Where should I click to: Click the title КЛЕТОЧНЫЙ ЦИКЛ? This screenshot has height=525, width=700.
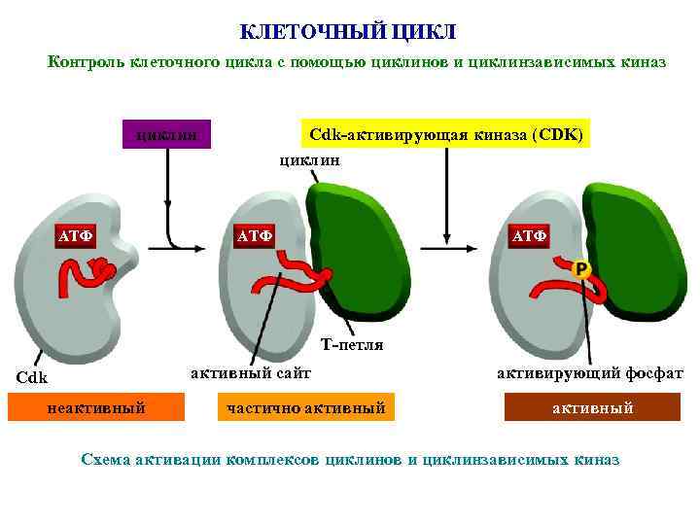click(x=348, y=33)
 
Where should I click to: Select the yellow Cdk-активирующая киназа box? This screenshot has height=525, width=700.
click(x=445, y=134)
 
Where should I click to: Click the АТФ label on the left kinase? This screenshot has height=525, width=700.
click(x=75, y=235)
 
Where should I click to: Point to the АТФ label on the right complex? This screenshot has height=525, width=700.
click(x=530, y=235)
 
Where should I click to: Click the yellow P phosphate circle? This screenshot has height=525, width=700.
click(x=581, y=269)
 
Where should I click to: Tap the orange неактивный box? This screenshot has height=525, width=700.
click(x=95, y=407)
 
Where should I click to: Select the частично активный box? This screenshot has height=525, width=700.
click(x=306, y=407)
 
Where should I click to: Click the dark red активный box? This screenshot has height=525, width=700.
click(x=592, y=407)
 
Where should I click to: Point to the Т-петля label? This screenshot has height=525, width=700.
click(x=352, y=345)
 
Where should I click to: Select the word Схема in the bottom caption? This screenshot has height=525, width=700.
click(x=110, y=459)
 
